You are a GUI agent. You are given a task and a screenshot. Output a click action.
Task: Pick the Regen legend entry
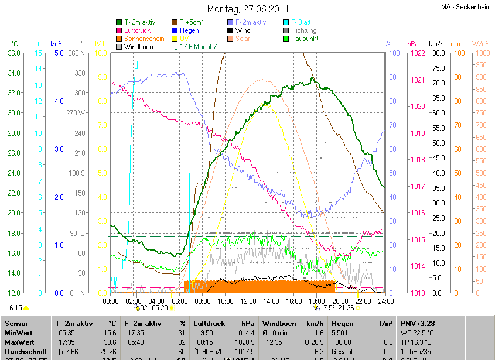(189, 30)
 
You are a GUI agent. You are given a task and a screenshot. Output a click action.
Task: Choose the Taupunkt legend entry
(304, 38)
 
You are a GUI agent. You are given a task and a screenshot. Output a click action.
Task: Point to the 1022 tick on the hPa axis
(418, 53)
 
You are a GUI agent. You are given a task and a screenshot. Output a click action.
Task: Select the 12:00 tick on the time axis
(248, 301)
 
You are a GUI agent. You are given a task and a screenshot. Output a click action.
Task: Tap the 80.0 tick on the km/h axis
(436, 53)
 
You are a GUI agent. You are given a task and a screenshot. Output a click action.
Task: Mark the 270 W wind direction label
(76, 113)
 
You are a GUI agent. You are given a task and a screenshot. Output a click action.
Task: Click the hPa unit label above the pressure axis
(412, 44)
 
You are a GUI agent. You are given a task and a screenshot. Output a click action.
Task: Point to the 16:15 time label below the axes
(13, 307)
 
